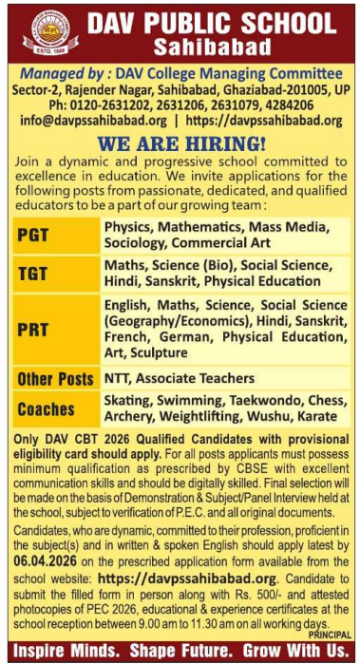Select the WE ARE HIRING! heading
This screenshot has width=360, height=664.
pyautogui.click(x=180, y=142)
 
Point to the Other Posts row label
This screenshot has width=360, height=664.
pyautogui.click(x=55, y=380)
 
